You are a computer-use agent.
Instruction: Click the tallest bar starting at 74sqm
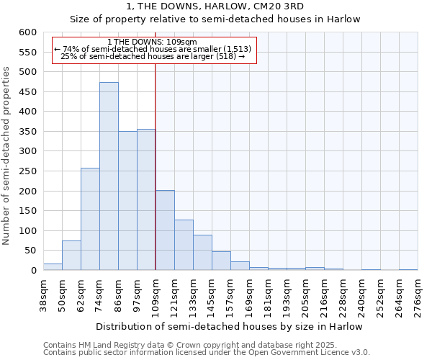point(109,176)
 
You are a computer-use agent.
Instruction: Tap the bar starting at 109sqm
point(165,230)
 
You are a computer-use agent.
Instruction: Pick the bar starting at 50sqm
point(71,256)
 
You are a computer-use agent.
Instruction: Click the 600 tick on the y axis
point(27,32)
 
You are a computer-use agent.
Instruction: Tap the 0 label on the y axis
point(33,271)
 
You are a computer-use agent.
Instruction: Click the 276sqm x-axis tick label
point(418,297)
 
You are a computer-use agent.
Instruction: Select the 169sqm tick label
point(249,297)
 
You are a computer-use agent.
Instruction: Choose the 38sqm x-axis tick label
point(43,297)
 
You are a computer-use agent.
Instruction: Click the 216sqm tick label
point(324,297)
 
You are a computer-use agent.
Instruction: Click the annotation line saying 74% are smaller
point(153,48)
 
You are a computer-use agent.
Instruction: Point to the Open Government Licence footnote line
point(207,353)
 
